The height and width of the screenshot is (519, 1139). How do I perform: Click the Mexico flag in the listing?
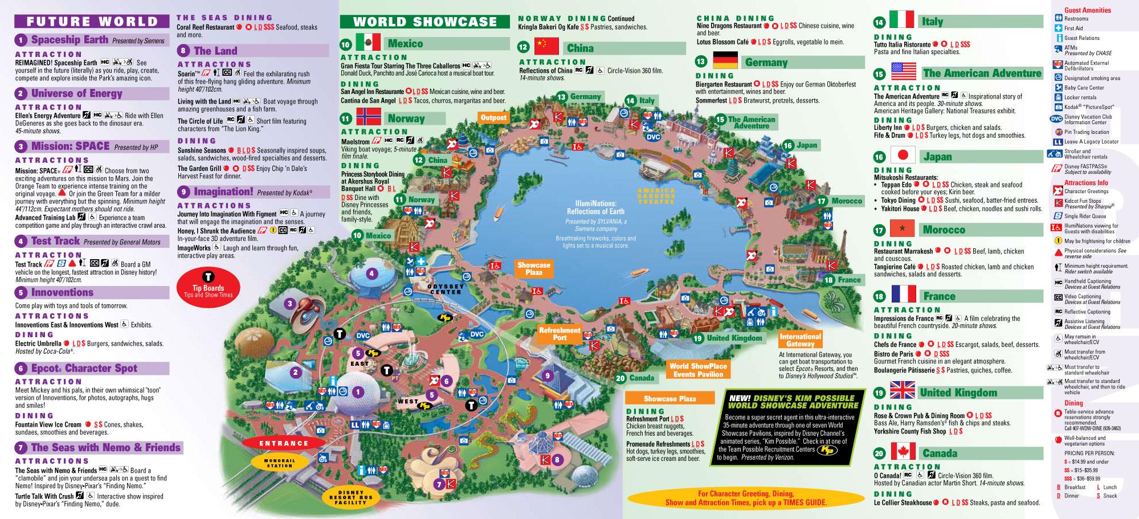(368, 42)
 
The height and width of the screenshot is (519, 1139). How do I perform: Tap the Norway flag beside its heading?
(368, 117)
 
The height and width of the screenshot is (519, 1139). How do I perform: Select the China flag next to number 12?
(546, 47)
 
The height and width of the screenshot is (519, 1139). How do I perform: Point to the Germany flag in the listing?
(725, 60)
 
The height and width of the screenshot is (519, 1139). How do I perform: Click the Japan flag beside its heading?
(903, 156)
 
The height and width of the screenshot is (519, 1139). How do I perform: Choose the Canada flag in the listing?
(903, 452)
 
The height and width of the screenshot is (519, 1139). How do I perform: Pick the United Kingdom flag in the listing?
(903, 391)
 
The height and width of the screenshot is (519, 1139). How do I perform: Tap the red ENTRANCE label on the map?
(284, 443)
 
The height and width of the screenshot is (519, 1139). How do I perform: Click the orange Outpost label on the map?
(493, 117)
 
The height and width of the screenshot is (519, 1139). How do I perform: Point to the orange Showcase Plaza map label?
(534, 269)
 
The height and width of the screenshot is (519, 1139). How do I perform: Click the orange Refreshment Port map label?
(560, 334)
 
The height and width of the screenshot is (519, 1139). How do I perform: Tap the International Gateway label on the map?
(801, 340)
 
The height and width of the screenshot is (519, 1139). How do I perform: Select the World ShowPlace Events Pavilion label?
(698, 370)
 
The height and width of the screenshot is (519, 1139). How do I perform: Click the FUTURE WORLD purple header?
(92, 22)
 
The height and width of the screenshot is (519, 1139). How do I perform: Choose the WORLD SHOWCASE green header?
(425, 22)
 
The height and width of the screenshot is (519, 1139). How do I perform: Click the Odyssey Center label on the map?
(446, 289)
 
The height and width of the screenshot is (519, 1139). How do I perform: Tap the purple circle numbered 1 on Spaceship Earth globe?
(358, 391)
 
